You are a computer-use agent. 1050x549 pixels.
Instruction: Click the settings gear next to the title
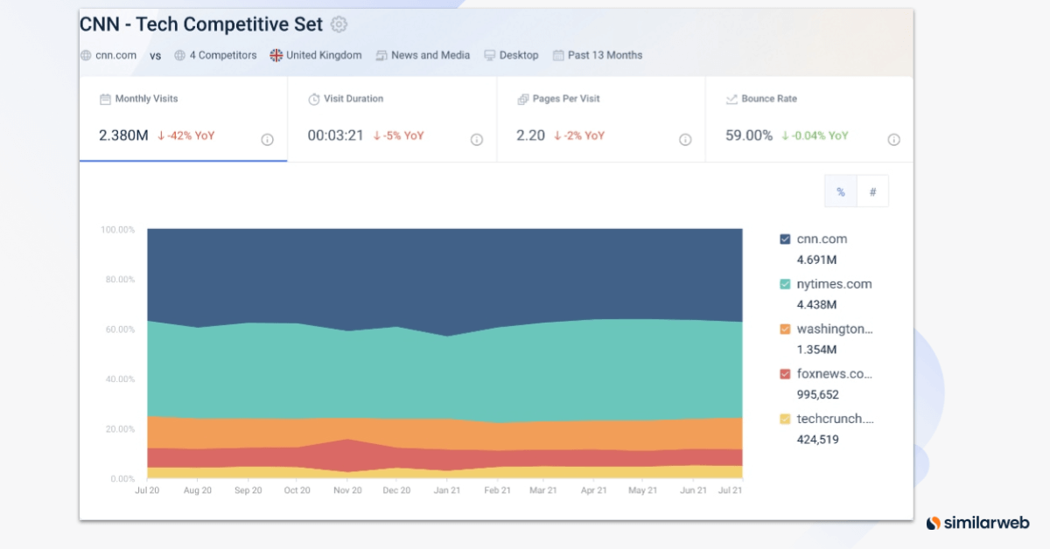click(x=339, y=24)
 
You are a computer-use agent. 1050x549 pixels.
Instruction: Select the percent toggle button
click(x=841, y=192)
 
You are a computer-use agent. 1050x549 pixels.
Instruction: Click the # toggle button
click(x=872, y=192)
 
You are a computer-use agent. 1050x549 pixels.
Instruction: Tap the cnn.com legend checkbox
click(x=785, y=240)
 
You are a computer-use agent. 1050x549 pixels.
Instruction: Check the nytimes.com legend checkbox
click(x=785, y=284)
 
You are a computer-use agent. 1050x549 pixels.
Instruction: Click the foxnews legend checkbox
click(x=785, y=374)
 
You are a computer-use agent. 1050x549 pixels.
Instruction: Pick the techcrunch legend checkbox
click(x=785, y=419)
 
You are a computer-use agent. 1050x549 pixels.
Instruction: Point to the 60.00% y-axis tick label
click(x=118, y=330)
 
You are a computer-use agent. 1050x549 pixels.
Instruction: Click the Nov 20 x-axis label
click(x=347, y=490)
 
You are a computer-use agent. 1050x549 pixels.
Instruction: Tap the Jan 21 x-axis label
click(x=447, y=490)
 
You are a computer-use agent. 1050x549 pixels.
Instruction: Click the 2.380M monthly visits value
click(x=123, y=136)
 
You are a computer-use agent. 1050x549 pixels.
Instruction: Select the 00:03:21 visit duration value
click(x=334, y=136)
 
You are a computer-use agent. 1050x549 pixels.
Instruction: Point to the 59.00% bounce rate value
click(x=749, y=136)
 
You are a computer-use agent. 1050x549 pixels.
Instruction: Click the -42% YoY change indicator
click(x=186, y=136)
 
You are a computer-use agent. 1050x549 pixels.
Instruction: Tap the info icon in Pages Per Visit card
click(x=685, y=140)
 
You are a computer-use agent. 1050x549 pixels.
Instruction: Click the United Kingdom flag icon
click(x=276, y=55)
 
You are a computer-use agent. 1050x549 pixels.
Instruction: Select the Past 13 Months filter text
click(x=605, y=55)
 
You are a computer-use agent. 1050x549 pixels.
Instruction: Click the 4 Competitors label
click(x=223, y=55)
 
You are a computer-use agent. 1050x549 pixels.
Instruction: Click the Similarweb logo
click(x=977, y=523)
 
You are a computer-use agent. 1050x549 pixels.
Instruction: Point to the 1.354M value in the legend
click(x=816, y=350)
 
